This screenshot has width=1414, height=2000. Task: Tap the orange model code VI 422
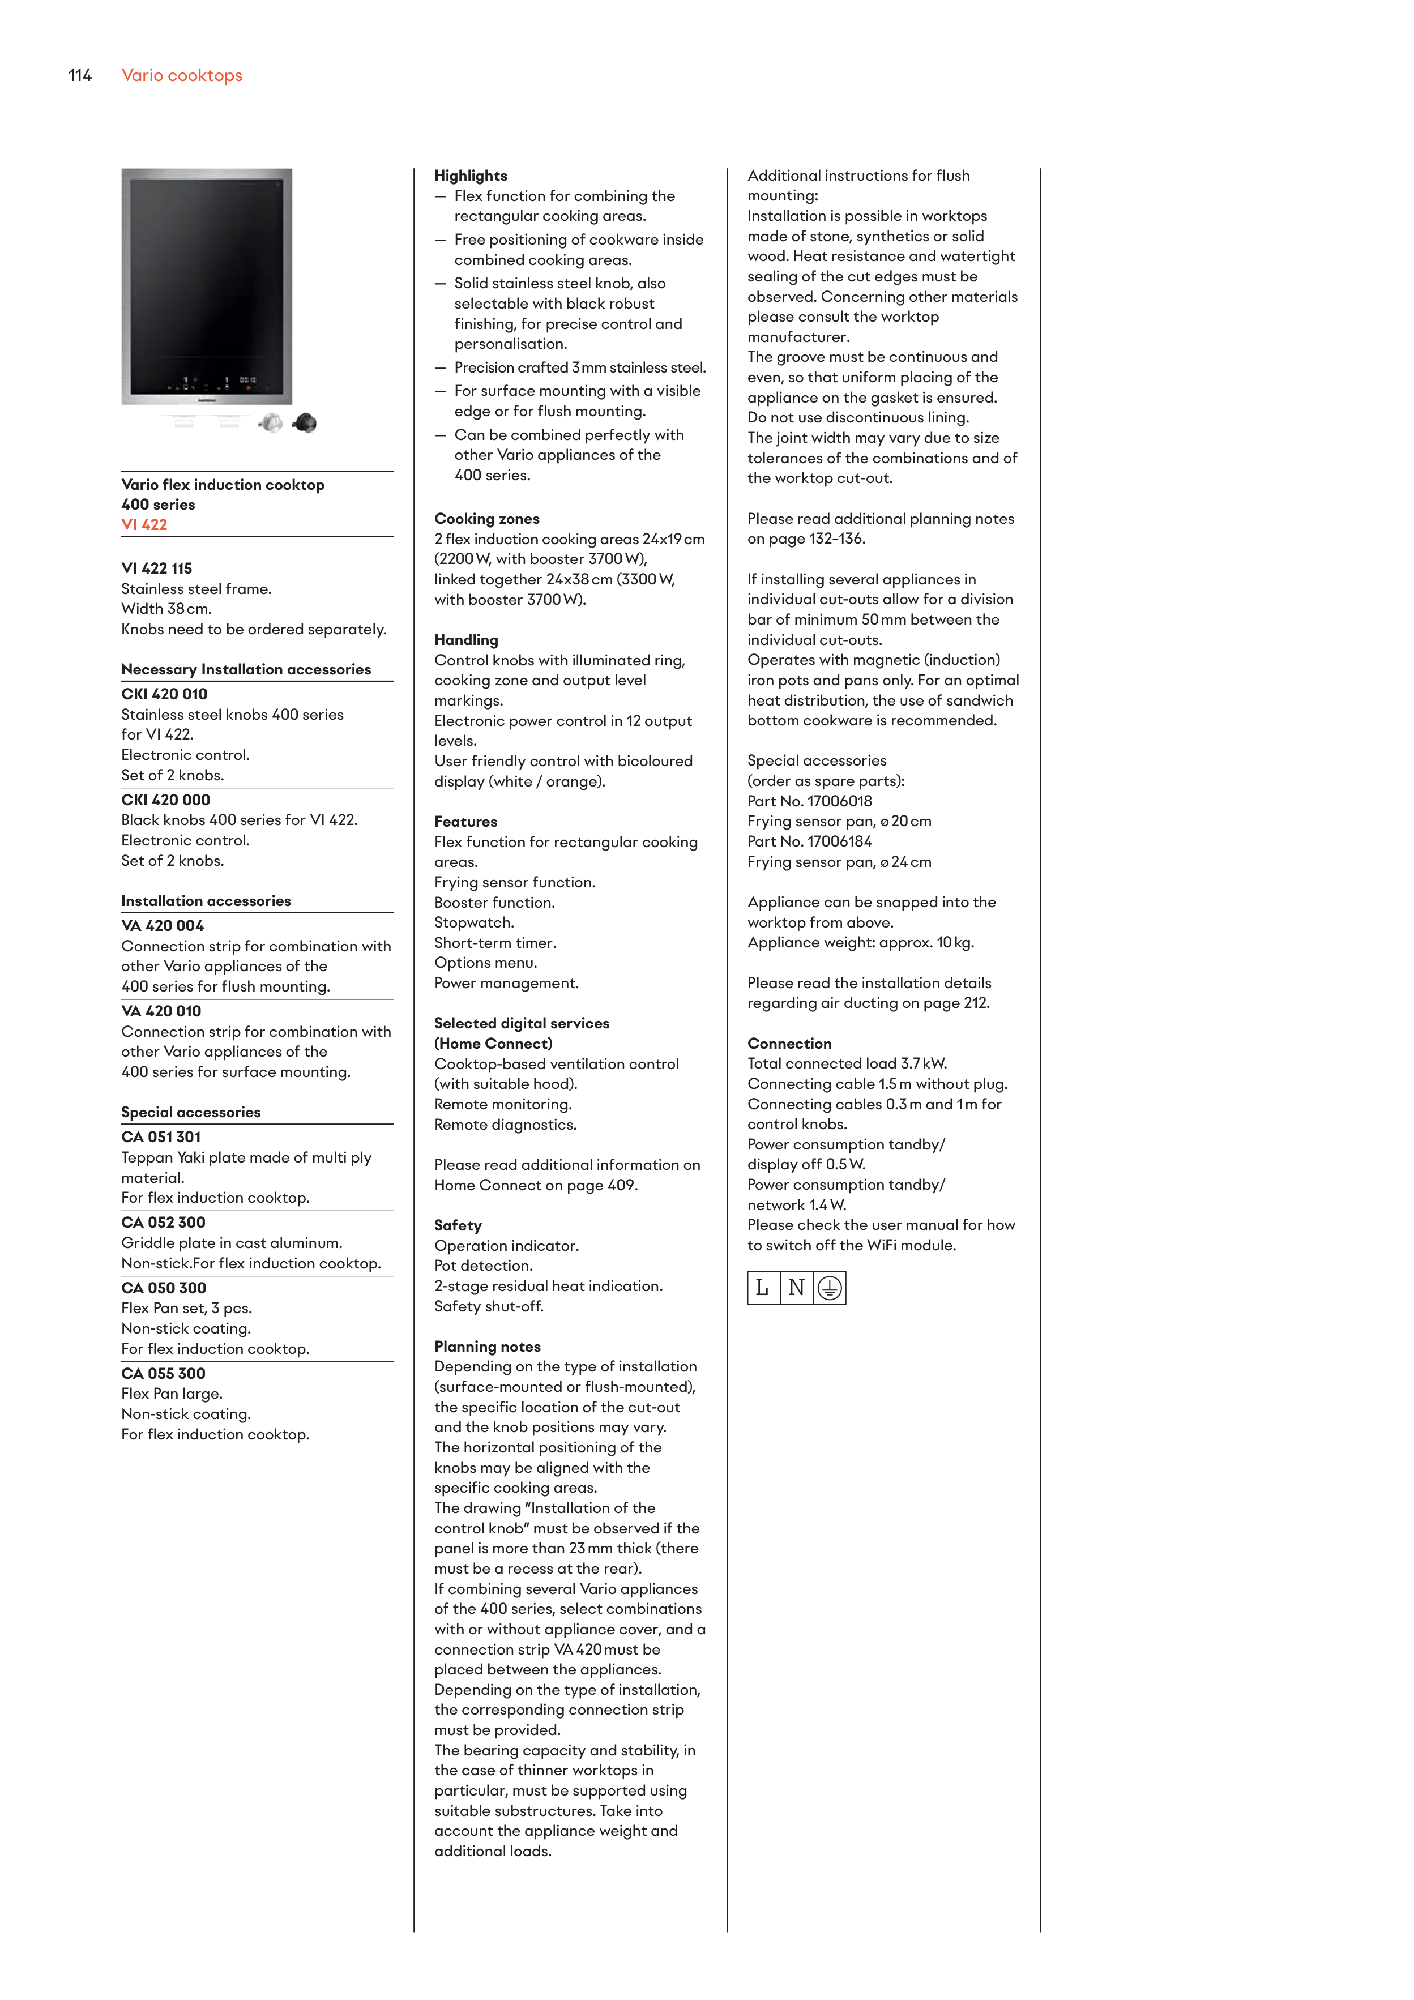click(x=144, y=524)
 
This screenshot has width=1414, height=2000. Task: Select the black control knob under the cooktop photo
click(x=305, y=424)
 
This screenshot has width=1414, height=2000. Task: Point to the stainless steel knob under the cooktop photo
click(x=272, y=424)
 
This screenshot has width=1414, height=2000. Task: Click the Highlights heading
click(x=471, y=175)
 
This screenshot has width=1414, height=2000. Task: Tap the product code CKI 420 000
click(x=165, y=800)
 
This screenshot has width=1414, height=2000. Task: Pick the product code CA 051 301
click(x=161, y=1137)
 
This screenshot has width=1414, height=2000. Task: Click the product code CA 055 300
click(x=163, y=1373)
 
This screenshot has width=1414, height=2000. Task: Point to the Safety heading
click(x=458, y=1225)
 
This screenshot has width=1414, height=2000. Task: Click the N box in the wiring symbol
click(x=796, y=1288)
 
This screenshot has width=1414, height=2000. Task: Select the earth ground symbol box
click(x=830, y=1288)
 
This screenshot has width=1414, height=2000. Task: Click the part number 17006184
click(x=839, y=841)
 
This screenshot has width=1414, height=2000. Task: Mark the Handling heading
click(x=466, y=639)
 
